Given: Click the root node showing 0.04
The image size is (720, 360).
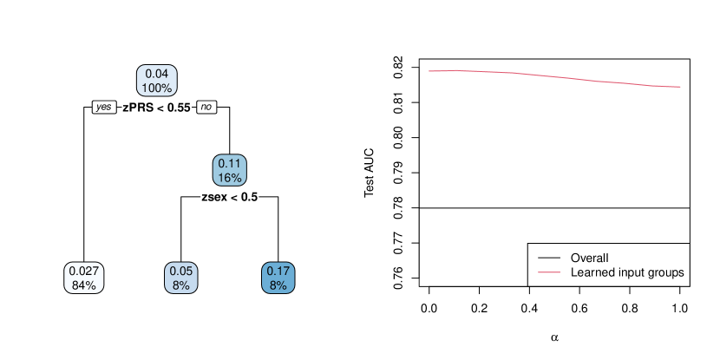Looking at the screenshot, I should point(157,81).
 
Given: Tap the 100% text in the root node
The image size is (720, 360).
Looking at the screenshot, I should point(157,88).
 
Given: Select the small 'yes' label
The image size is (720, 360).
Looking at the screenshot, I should point(104,107).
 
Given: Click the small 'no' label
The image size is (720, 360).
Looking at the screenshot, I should point(206,107).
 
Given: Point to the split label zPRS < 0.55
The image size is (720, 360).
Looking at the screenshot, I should point(156,108).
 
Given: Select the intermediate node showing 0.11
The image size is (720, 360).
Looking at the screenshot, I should point(231,170).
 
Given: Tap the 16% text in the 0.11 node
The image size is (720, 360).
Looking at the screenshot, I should point(231,178).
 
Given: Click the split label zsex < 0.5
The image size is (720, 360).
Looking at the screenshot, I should point(230,197).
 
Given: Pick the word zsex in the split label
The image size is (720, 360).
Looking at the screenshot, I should point(215,197).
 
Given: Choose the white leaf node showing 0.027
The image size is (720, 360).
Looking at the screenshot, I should point(84,278).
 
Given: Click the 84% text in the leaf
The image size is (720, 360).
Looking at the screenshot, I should point(84,285).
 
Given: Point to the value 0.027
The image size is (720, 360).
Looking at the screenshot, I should point(84,271).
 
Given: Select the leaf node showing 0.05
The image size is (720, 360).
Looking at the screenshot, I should point(181,278).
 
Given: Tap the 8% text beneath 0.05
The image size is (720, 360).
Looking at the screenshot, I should point(181,285).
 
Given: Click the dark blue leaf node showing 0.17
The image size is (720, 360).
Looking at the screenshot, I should point(278,278).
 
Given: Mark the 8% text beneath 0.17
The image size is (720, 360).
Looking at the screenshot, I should point(278,285).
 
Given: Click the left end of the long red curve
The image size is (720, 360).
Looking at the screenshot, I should point(429,71).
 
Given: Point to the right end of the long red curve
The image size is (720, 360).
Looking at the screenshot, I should point(680,87).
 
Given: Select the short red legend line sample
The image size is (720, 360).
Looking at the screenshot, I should point(549,272).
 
